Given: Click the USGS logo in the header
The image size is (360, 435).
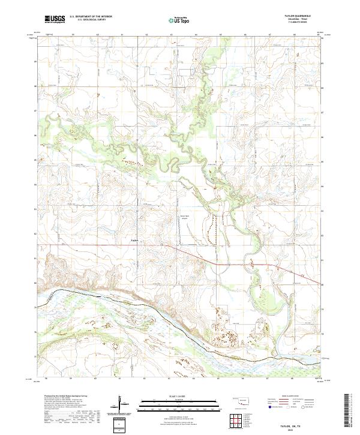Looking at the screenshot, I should coord(55,19).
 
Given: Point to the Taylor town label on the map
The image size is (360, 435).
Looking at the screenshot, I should coord(134,242).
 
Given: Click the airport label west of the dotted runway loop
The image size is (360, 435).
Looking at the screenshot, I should coord(185,218).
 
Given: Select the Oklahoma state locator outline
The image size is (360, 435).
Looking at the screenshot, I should coord(241,400).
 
